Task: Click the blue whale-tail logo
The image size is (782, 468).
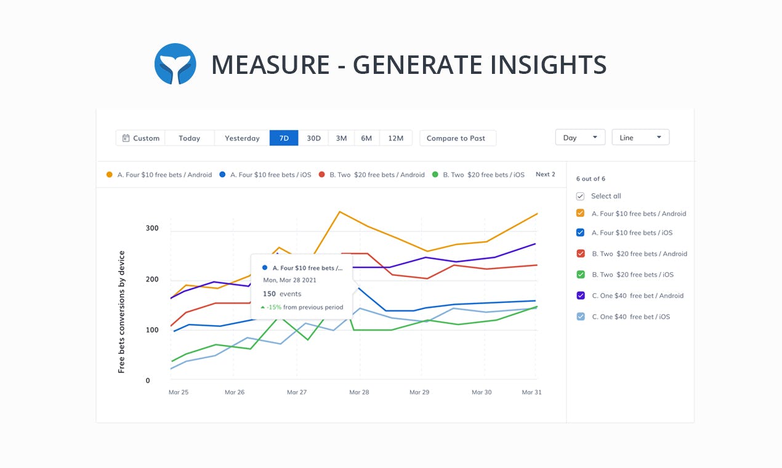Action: click(x=175, y=64)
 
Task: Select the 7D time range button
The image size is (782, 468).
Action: click(x=284, y=138)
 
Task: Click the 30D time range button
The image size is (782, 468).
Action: click(x=314, y=138)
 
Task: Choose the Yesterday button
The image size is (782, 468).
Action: click(x=242, y=138)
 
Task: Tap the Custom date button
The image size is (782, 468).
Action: click(x=141, y=138)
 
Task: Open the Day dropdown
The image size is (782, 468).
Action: click(x=580, y=137)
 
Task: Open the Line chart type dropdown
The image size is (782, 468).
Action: click(x=640, y=137)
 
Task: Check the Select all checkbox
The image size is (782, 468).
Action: click(x=580, y=196)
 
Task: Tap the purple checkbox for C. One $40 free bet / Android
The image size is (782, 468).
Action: click(x=580, y=296)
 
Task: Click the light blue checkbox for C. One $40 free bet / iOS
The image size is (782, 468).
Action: click(x=580, y=317)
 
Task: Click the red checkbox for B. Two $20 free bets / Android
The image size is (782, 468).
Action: click(x=580, y=254)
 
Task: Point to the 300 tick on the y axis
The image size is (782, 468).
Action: click(x=152, y=228)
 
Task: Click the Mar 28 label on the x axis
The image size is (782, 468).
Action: click(x=359, y=392)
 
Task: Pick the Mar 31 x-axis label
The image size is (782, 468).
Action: click(x=531, y=392)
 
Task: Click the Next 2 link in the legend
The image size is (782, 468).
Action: click(x=545, y=174)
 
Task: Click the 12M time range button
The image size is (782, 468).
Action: click(x=395, y=138)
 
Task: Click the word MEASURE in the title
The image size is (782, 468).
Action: click(x=270, y=65)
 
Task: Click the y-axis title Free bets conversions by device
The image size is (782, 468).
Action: click(x=121, y=312)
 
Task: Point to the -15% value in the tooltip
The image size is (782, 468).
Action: click(x=274, y=307)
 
